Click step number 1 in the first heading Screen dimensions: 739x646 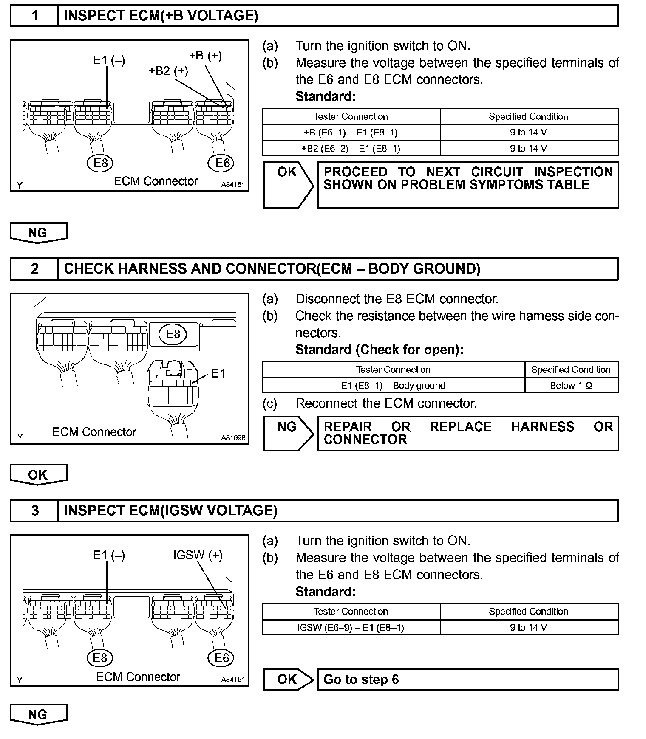point(35,16)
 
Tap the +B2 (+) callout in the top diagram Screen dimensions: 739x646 point(168,71)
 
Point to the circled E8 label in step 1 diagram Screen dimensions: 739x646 point(101,164)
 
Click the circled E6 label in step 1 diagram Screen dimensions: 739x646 point(222,163)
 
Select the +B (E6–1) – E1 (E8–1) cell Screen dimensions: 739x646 point(351,133)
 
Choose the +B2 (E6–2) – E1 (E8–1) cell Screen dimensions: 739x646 point(351,149)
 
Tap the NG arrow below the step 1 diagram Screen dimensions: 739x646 point(38,233)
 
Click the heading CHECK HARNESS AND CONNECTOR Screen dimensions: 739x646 point(272,269)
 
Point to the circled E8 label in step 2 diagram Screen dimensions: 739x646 point(173,334)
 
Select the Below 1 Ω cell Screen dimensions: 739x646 point(571,386)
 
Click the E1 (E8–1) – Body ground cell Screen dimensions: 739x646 point(393,386)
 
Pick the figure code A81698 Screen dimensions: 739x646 point(233,438)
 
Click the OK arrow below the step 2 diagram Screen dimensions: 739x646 point(38,474)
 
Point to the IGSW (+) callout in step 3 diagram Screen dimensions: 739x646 point(198,556)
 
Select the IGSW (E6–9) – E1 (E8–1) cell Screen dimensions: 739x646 point(351,627)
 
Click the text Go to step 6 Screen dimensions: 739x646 point(361,680)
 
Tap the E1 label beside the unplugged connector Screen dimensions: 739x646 point(218,374)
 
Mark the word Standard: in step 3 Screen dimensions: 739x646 point(326,592)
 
